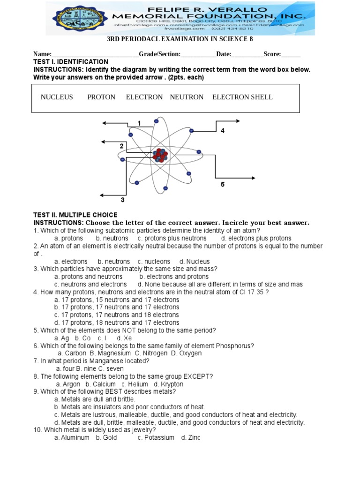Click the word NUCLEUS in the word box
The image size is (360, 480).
click(57, 97)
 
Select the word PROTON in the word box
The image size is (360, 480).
click(101, 97)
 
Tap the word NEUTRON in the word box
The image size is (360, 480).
click(187, 97)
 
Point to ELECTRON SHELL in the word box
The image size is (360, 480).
click(242, 97)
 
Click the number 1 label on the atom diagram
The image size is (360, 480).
click(139, 123)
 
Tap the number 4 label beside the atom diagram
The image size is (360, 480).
click(223, 131)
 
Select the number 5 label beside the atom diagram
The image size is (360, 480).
click(223, 185)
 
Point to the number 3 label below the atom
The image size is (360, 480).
click(123, 200)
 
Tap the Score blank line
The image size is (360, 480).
click(291, 54)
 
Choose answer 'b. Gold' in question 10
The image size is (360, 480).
click(107, 437)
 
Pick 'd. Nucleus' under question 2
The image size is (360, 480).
click(195, 261)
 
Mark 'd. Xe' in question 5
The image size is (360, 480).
click(123, 337)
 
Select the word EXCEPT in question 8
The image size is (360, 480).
click(198, 376)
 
